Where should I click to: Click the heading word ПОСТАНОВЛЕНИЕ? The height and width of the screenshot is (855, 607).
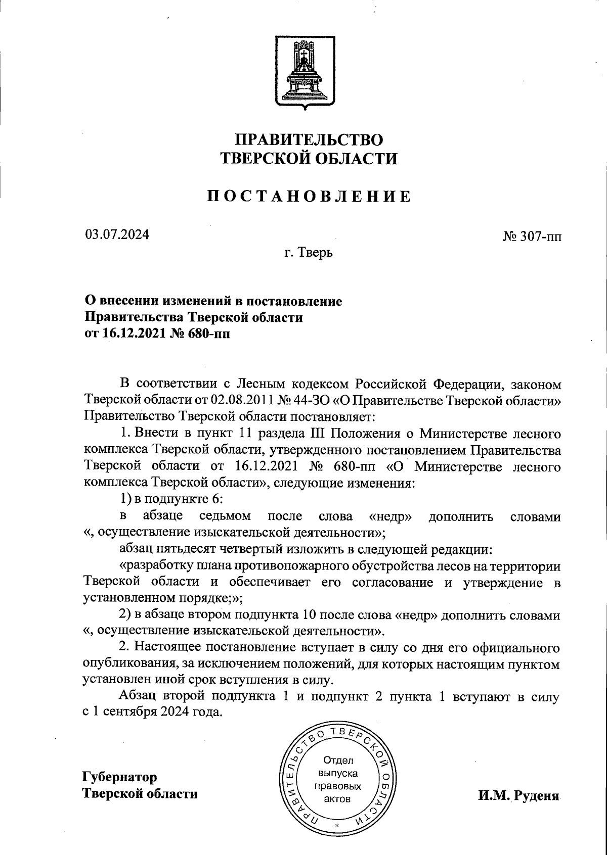click(x=309, y=196)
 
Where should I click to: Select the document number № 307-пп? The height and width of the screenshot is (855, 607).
click(x=532, y=238)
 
